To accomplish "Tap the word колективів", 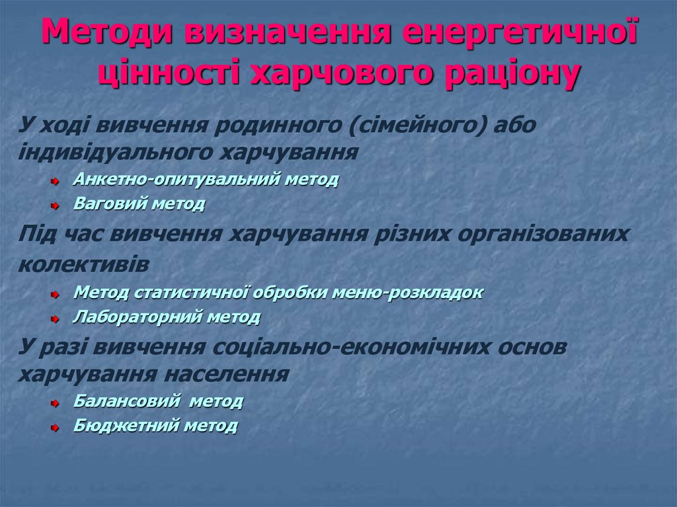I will pyautogui.click(x=83, y=264).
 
